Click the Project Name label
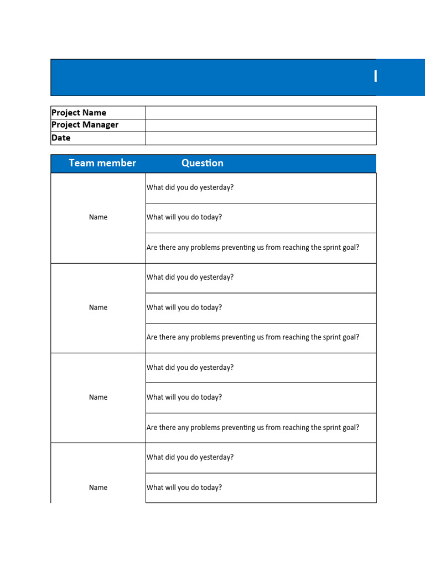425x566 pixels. click(x=79, y=113)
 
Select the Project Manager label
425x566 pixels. click(x=85, y=125)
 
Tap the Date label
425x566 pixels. click(x=61, y=138)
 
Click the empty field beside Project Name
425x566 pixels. click(x=261, y=113)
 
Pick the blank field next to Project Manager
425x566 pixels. click(x=261, y=125)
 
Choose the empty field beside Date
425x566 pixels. click(x=261, y=138)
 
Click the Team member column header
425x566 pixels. click(x=102, y=163)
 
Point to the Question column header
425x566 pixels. click(x=203, y=163)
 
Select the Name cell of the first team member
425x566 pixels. click(x=98, y=217)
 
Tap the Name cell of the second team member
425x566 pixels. click(x=98, y=307)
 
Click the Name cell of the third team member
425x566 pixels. click(x=98, y=397)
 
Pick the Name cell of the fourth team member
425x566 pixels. click(x=98, y=488)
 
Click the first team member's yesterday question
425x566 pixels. click(x=190, y=187)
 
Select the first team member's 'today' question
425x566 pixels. click(x=184, y=217)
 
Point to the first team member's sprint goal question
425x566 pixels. click(x=253, y=248)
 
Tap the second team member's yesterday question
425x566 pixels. click(x=190, y=277)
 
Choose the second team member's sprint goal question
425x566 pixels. click(x=253, y=337)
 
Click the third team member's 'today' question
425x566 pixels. click(x=184, y=397)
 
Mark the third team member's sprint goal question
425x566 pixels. click(x=253, y=427)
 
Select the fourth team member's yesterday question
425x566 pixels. click(x=190, y=457)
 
